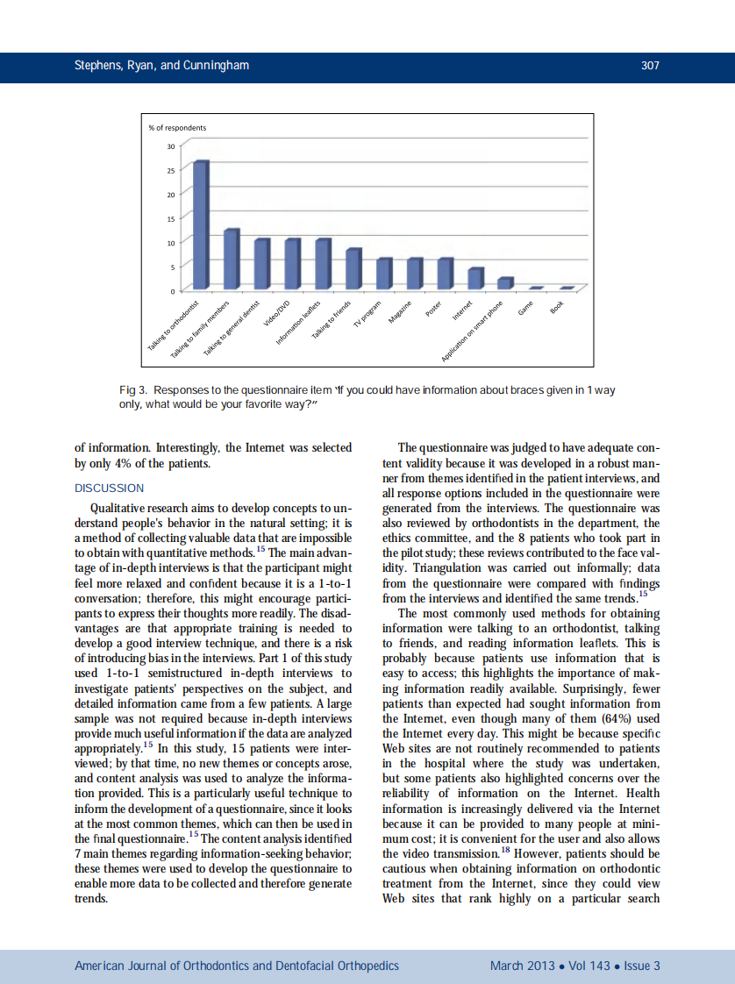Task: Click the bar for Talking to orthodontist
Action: (x=201, y=225)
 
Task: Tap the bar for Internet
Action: (x=475, y=279)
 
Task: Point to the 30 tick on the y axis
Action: (x=171, y=146)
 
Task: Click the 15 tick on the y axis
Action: (x=171, y=217)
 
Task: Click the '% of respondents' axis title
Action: (x=179, y=128)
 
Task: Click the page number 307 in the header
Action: (x=650, y=66)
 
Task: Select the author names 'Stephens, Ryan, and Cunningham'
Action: (x=148, y=66)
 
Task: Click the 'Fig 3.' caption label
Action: (x=133, y=389)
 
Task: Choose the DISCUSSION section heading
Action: (x=109, y=488)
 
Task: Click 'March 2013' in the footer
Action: (x=522, y=966)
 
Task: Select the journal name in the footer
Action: (x=237, y=966)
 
